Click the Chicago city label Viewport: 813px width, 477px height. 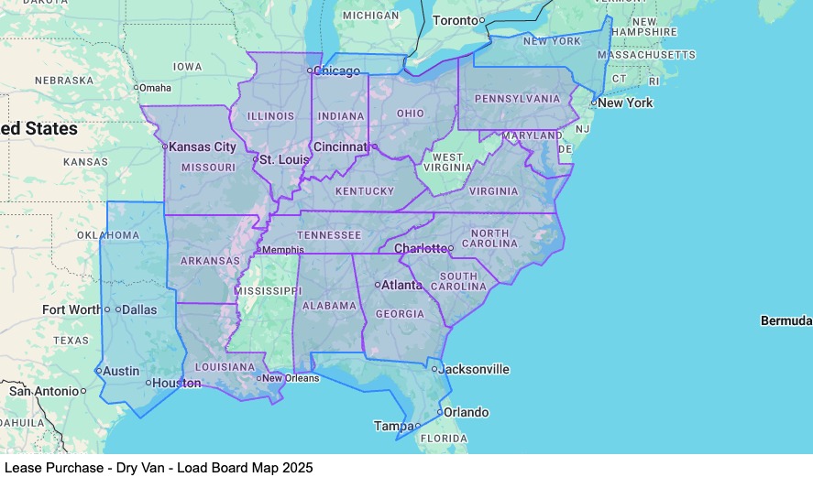click(x=336, y=70)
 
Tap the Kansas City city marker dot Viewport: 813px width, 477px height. click(x=165, y=146)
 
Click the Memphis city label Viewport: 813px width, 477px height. click(x=284, y=249)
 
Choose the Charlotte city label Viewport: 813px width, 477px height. click(x=420, y=248)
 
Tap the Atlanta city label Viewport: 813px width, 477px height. click(x=403, y=285)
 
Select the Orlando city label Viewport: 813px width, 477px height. click(x=467, y=412)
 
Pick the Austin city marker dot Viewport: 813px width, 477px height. click(x=98, y=371)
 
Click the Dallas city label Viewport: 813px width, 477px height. click(x=139, y=309)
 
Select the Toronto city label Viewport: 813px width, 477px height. click(x=455, y=20)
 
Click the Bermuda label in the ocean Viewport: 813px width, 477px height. click(x=786, y=320)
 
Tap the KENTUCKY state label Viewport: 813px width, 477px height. click(x=365, y=191)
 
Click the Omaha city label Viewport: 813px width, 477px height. click(x=156, y=88)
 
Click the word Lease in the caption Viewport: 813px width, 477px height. click(x=21, y=467)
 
